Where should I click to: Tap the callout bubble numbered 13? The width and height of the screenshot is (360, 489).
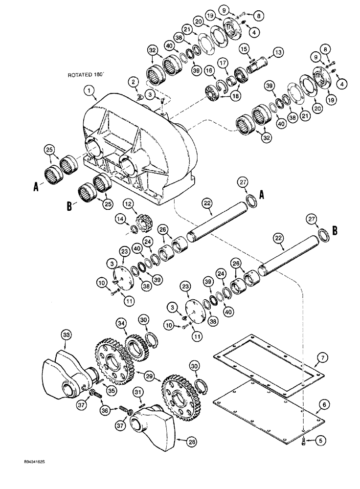[278, 52]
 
